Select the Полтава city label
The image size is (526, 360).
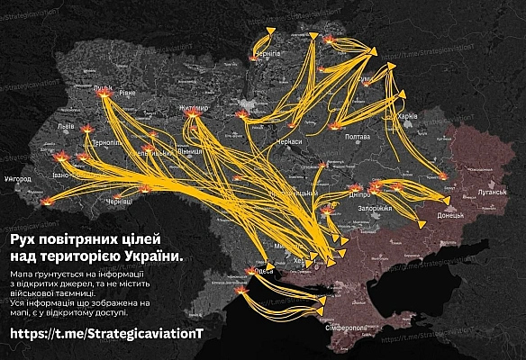[x=358, y=137]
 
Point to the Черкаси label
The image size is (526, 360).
[x=289, y=141]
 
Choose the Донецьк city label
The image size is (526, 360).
[x=449, y=216]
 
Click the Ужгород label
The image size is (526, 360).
[x=18, y=180]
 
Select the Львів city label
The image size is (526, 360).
[x=66, y=127]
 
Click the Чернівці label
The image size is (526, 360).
[x=119, y=203]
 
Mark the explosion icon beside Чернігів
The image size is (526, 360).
[x=253, y=58]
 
